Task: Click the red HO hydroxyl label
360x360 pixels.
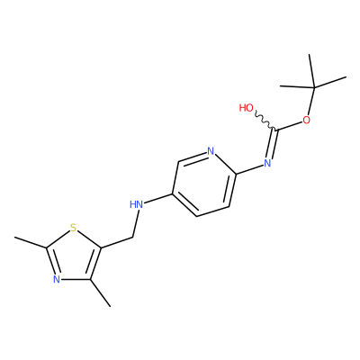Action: point(247,108)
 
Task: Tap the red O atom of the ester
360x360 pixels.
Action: point(306,121)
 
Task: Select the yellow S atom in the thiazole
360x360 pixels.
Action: point(73,228)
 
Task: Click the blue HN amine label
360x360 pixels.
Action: point(136,205)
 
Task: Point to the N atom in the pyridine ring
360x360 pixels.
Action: point(211,151)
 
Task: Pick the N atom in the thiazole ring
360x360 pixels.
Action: point(57,279)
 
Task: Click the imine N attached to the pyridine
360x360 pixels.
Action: point(267,163)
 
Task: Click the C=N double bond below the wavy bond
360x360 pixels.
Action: point(272,144)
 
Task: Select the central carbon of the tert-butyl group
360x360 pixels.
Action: point(314,87)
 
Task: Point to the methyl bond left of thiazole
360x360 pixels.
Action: point(31,242)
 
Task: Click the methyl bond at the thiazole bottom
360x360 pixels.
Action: point(100,293)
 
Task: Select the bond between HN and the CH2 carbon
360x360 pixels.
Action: point(136,224)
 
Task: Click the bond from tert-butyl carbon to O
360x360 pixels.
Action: point(310,101)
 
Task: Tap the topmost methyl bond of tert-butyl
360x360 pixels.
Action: point(311,71)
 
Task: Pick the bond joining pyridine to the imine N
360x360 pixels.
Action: point(249,169)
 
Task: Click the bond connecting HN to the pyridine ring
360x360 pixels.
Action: point(158,199)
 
